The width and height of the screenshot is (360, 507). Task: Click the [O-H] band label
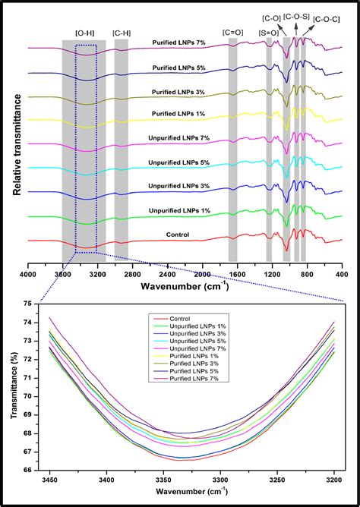point(85,33)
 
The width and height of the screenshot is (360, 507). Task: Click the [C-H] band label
point(122,33)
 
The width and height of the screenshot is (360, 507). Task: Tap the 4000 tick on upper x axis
point(28,274)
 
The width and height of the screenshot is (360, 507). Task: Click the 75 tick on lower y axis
point(27,304)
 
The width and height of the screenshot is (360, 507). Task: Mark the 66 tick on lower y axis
point(27,471)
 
